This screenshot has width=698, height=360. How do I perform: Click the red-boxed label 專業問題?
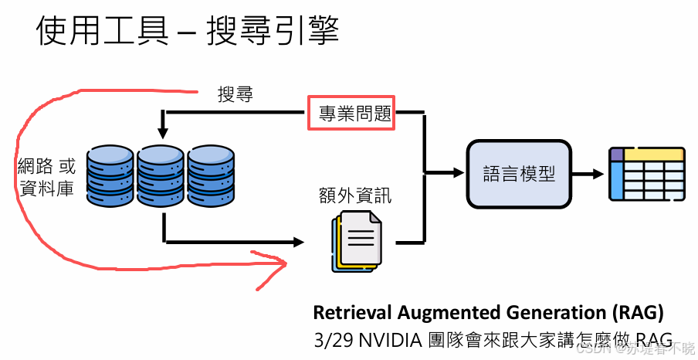[x=351, y=114]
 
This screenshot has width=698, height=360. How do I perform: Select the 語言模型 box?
[x=518, y=174]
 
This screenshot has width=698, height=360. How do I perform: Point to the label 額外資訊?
[x=354, y=195]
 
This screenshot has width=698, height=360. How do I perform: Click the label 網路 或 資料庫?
[x=46, y=176]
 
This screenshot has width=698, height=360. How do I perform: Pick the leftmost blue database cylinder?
[x=110, y=175]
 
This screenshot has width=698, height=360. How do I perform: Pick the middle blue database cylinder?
[x=161, y=175]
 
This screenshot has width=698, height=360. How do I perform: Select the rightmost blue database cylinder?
[x=210, y=175]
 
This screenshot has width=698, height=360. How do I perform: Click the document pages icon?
[x=356, y=241]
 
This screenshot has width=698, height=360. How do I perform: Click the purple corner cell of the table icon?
[x=616, y=155]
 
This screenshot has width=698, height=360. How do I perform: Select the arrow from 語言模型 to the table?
[x=588, y=174]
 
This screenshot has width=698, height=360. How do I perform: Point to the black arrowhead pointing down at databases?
[x=163, y=125]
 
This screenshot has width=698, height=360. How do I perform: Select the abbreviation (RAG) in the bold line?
[x=638, y=313]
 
